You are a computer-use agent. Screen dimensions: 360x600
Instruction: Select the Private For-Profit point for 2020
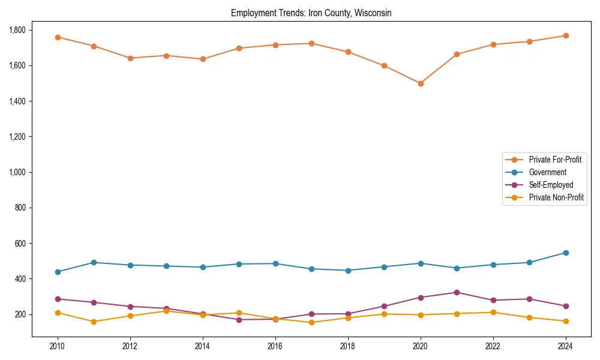(421, 83)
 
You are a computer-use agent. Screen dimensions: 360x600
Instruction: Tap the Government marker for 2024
(566, 253)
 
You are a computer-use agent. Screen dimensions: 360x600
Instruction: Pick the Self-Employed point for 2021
(457, 292)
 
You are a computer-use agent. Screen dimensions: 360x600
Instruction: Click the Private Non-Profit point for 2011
(94, 322)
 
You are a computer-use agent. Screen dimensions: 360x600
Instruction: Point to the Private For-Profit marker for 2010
(58, 37)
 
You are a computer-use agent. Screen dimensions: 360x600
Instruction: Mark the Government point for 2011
(94, 262)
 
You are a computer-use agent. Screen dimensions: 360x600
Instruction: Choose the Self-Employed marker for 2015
(239, 319)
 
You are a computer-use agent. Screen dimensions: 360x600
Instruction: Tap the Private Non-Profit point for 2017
(311, 322)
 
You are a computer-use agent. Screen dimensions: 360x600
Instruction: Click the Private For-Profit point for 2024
(566, 35)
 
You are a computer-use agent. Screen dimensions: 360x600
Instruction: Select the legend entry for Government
(547, 172)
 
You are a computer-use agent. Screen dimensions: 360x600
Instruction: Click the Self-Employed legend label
(551, 185)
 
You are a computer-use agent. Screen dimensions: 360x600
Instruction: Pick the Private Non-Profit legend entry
(556, 197)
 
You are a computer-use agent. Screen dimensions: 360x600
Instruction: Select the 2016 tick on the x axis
(275, 346)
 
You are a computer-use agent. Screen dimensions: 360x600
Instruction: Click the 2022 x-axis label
(493, 346)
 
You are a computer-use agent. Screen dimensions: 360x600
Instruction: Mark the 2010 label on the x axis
(58, 346)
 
